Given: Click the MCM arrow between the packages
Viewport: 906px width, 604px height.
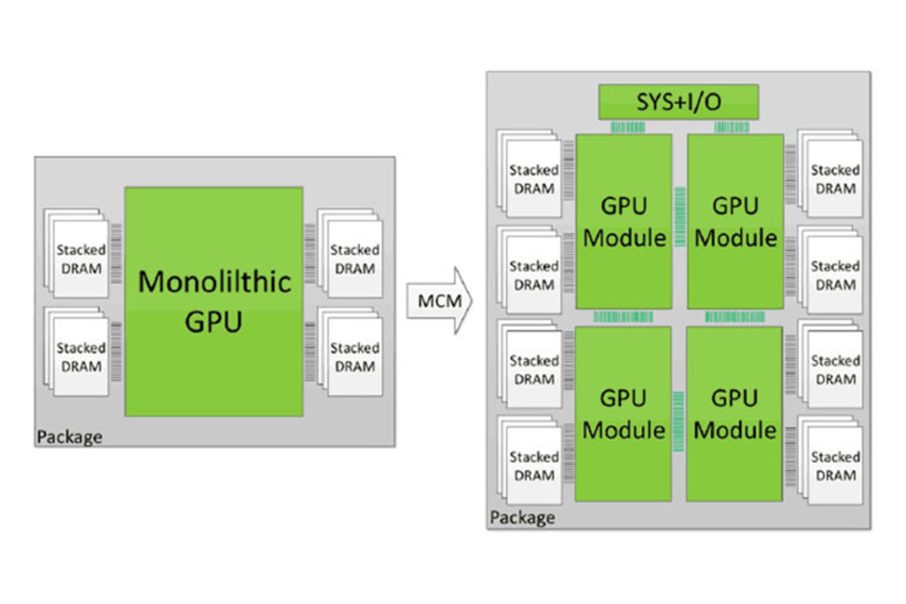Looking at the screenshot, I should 439,301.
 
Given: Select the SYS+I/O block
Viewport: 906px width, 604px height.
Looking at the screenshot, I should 678,102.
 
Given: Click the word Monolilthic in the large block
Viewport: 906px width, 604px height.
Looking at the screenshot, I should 214,282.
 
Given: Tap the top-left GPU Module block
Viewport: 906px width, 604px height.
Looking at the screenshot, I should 623,222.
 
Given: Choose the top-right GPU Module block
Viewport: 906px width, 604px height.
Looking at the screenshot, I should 735,222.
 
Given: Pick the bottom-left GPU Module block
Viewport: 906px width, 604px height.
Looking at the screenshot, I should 623,414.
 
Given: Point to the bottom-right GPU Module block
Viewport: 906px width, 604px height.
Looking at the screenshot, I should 734,414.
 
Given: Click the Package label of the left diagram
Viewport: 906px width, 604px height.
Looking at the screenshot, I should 69,437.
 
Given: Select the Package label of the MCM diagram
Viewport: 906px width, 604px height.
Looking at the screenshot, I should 522,518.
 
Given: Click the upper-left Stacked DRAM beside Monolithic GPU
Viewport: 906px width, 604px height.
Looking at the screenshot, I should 80,259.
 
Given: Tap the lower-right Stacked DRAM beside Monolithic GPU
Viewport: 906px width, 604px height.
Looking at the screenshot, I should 354,357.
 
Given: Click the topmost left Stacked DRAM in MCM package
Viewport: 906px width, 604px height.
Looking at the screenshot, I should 533,179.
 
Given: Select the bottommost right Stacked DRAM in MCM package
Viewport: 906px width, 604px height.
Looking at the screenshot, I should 835,466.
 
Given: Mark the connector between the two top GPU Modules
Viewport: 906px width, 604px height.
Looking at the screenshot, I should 680,217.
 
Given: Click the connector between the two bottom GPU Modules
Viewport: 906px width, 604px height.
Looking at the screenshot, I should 678,421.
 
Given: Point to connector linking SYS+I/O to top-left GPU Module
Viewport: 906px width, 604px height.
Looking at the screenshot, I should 628,127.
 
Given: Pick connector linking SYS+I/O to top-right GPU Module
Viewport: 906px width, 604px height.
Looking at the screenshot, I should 731,127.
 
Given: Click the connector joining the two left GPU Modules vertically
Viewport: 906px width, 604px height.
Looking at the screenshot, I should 623,317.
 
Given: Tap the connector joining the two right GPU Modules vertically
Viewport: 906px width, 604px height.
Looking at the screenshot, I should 735,317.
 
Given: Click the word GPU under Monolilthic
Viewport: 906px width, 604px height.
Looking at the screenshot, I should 213,322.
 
